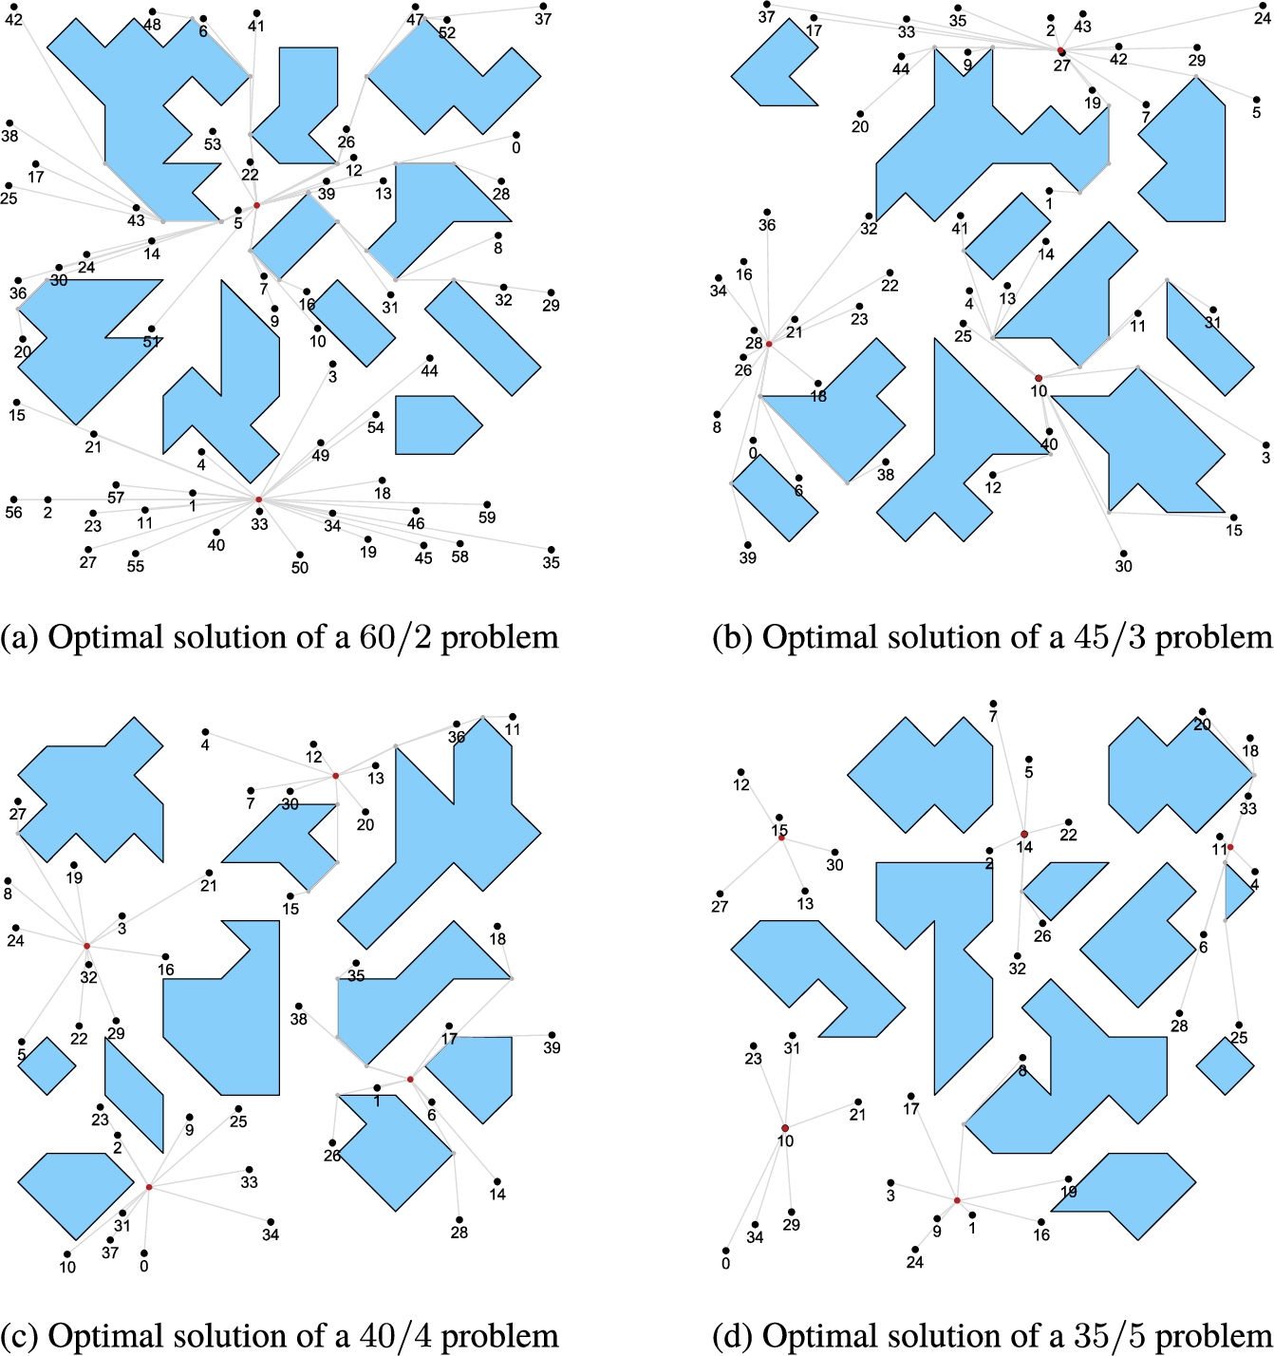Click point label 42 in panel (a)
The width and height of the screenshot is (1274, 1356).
13,19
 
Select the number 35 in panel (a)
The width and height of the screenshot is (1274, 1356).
551,562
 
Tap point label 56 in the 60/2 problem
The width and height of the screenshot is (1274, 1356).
13,512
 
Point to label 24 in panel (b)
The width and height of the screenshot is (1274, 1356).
1263,18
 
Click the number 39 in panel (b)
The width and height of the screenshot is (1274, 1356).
748,557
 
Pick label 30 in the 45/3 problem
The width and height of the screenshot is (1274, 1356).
1123,566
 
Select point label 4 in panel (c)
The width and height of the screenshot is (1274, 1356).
205,744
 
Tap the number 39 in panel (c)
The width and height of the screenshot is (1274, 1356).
552,1047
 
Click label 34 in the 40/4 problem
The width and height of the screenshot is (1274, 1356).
271,1234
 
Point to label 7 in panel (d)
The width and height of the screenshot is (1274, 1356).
993,716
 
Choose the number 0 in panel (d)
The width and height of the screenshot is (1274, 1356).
725,1264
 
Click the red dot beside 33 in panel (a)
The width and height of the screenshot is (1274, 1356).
258,500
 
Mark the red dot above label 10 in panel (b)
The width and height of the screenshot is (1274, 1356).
1039,378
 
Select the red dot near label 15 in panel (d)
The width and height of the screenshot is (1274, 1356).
781,838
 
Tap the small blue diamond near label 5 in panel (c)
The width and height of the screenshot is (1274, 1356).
47,1065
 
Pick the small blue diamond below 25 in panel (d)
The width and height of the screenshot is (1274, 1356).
1225,1065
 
